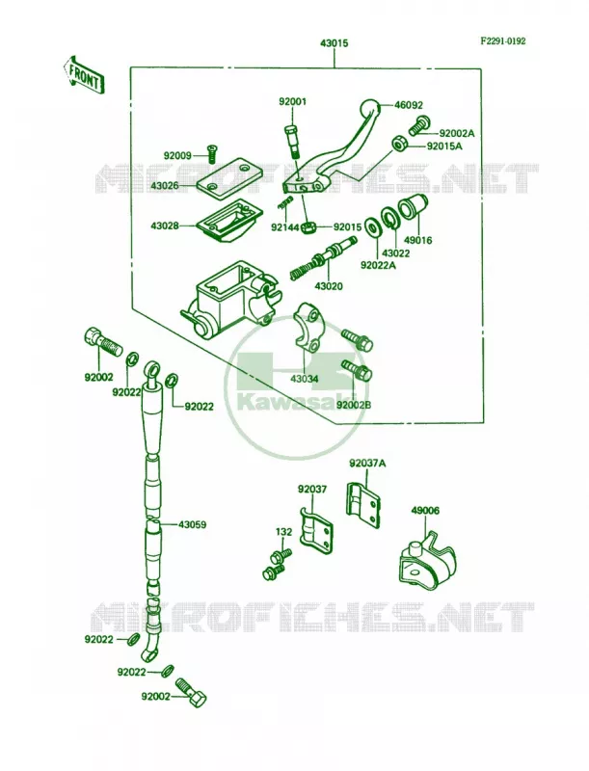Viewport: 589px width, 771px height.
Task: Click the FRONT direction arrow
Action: (x=83, y=75)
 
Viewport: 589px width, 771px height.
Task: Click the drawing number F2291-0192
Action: (x=503, y=40)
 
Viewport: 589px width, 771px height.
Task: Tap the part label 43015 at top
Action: (x=334, y=43)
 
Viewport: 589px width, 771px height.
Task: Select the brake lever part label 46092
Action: (x=408, y=105)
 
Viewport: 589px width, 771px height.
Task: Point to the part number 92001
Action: (x=292, y=102)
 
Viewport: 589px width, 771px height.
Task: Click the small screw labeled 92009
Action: (x=213, y=154)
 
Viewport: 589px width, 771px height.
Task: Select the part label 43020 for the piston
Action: (x=329, y=286)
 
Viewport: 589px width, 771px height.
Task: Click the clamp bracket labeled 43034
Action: (x=308, y=328)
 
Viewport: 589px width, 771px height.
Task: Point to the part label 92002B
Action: (x=354, y=405)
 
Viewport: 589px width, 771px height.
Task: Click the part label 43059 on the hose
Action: (x=192, y=524)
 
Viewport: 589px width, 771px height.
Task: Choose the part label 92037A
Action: (x=367, y=464)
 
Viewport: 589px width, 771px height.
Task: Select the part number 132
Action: (x=283, y=532)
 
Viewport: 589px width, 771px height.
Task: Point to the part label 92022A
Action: (x=378, y=266)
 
